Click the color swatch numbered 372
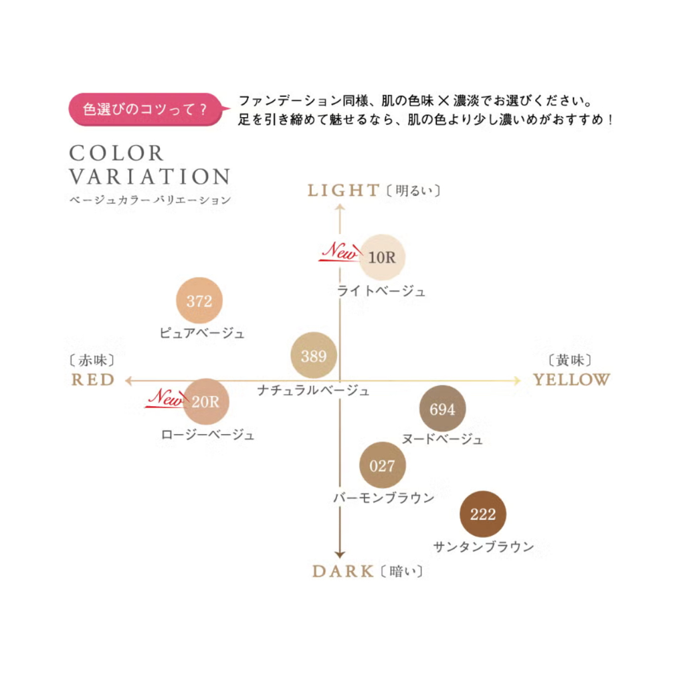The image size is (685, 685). [x=199, y=300]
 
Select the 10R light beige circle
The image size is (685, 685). [x=382, y=258]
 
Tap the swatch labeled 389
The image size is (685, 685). [x=314, y=356]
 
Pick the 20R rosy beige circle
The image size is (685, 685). [x=206, y=401]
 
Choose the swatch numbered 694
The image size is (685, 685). [x=443, y=409]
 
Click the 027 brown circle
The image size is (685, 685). [x=383, y=466]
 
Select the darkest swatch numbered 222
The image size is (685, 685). [x=483, y=514]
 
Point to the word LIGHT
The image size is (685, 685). [x=343, y=191]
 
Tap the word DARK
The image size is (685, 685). [x=343, y=571]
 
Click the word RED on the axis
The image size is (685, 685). [x=93, y=380]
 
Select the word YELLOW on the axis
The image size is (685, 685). [x=571, y=380]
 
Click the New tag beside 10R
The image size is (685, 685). [x=340, y=252]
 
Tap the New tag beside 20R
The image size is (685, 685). [x=167, y=397]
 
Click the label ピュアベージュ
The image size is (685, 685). [x=202, y=333]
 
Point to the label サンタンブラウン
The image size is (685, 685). [x=484, y=547]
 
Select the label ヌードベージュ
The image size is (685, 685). [x=443, y=439]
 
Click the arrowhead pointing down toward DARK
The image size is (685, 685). [x=340, y=555]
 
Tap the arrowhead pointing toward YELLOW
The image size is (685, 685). [x=517, y=381]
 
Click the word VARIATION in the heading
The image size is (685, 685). [x=149, y=177]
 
